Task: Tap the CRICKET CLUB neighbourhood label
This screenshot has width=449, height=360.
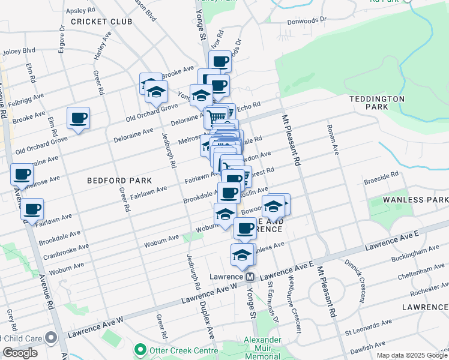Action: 101,22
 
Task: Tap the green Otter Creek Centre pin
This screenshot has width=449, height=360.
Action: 140,348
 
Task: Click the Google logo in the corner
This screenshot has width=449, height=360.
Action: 20,353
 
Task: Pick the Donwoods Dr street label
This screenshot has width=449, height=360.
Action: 306,19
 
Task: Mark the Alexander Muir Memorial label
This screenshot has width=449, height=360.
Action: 262,348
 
